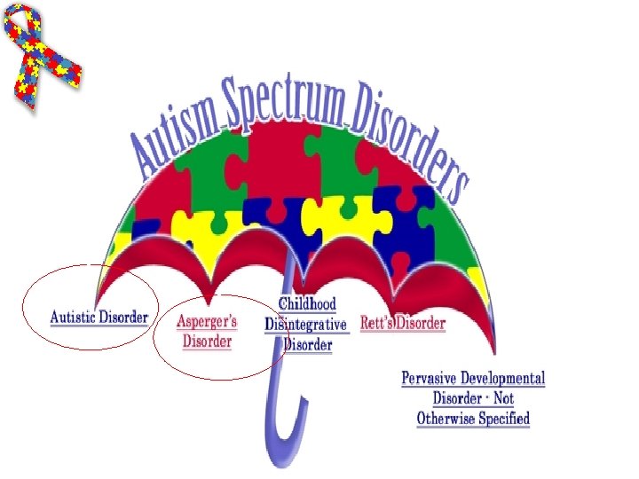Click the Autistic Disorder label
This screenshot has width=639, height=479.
coord(99,317)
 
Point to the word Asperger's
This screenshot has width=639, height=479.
coord(207,321)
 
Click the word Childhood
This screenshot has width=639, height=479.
coord(307,306)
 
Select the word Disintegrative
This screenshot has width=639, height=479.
coord(306,326)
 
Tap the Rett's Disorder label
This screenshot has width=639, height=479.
coord(402,323)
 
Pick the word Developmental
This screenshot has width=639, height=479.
coord(504,379)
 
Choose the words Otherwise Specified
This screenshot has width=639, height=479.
coord(473,418)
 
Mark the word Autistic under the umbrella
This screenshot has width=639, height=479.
coord(75,317)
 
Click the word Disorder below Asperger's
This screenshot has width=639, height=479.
coord(207,341)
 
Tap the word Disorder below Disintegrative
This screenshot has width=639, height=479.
coord(308,345)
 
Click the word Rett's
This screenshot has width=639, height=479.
coord(377,323)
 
